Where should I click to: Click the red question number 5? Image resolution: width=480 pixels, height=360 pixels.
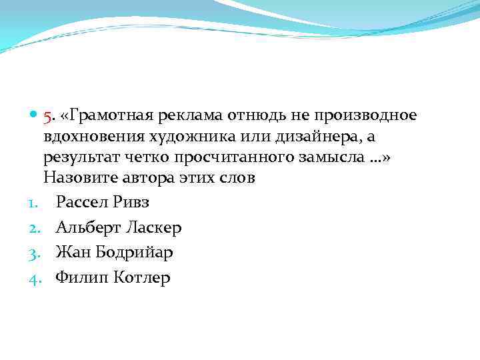point(47,116)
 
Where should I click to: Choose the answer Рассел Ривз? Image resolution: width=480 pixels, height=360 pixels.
point(104,203)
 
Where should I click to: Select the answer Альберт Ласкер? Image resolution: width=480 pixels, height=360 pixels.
point(119,227)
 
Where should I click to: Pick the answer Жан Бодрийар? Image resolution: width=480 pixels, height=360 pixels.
point(115,252)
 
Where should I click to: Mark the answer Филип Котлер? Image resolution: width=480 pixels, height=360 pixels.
point(113,277)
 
